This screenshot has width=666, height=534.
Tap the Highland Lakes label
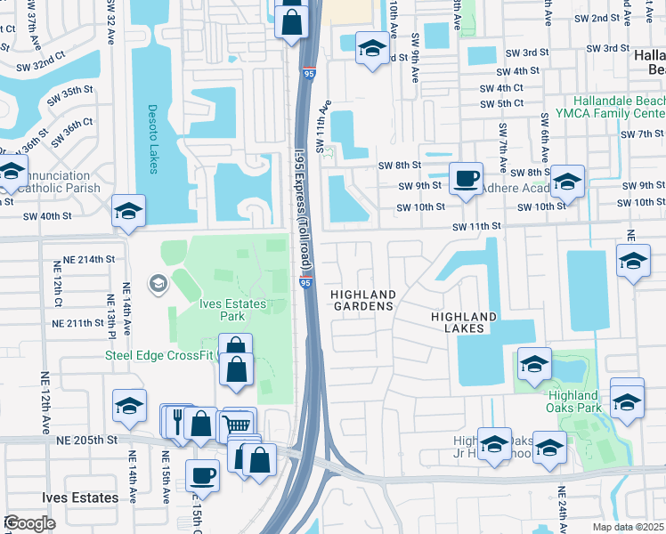point(463,322)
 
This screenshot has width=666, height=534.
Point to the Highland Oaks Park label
point(573,401)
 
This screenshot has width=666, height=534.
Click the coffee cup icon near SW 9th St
point(465,178)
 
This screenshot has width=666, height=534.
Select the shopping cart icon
point(239,425)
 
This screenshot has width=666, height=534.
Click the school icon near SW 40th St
point(129,211)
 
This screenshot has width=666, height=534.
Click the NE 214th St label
point(84,259)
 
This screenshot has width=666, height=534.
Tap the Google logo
point(29,523)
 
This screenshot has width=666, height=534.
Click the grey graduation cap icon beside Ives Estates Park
point(158,284)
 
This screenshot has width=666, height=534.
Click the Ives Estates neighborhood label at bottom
point(80,498)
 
